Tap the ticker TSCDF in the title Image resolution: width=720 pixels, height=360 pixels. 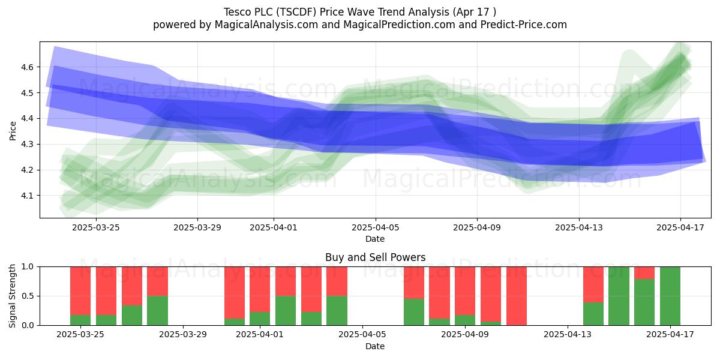(298, 12)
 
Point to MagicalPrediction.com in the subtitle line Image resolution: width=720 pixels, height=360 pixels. (399, 25)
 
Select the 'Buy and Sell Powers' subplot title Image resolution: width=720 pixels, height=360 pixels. (375, 257)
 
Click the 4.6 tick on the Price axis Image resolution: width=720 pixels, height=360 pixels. (28, 67)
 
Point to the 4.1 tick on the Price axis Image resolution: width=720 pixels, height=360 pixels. (28, 196)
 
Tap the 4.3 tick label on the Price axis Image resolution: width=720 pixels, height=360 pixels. (28, 145)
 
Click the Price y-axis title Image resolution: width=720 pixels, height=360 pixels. (13, 131)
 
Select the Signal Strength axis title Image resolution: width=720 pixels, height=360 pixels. (12, 296)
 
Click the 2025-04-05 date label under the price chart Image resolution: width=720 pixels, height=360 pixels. (375, 227)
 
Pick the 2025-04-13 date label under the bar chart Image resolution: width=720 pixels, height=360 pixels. (568, 334)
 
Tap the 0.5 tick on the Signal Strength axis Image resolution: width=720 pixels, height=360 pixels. (28, 296)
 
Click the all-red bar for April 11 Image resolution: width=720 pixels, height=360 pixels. (517, 296)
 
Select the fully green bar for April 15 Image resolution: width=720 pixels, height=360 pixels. (619, 296)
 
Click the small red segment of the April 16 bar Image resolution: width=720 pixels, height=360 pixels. (644, 273)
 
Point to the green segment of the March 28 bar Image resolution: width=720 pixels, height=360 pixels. (157, 311)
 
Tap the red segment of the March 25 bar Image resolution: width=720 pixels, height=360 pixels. (80, 291)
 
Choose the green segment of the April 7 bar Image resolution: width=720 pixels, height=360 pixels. (414, 312)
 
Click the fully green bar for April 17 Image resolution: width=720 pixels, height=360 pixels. (670, 296)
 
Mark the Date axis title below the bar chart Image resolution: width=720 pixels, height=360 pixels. (375, 346)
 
